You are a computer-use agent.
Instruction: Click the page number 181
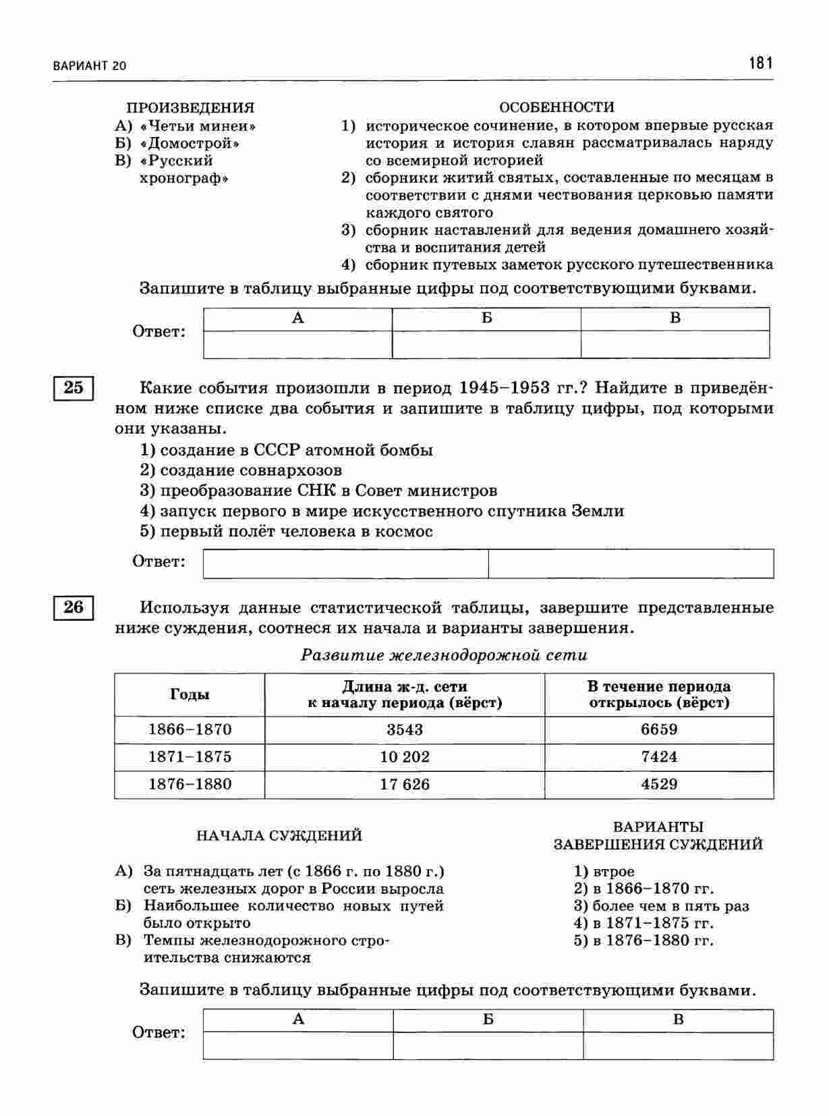(760, 64)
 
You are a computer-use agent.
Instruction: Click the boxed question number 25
(73, 388)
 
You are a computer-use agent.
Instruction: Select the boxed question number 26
(73, 607)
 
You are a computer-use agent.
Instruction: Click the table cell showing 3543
(405, 729)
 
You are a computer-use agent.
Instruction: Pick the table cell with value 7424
(659, 757)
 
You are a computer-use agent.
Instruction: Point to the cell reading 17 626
(405, 784)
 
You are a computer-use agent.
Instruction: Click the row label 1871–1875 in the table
(190, 757)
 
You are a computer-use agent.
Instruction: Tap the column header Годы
(190, 694)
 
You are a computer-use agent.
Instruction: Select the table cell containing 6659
(659, 729)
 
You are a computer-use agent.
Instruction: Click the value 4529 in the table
(659, 784)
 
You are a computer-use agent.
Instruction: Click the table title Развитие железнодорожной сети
(444, 654)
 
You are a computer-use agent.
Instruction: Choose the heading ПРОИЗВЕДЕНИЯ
(191, 108)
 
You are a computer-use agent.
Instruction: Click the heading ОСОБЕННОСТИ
(556, 107)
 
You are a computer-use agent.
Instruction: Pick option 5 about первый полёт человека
(287, 531)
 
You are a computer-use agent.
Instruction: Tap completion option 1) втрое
(604, 871)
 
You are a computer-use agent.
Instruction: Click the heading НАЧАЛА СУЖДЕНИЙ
(279, 835)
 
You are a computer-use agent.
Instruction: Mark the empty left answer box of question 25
(345, 563)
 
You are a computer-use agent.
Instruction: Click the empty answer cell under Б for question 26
(488, 1046)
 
